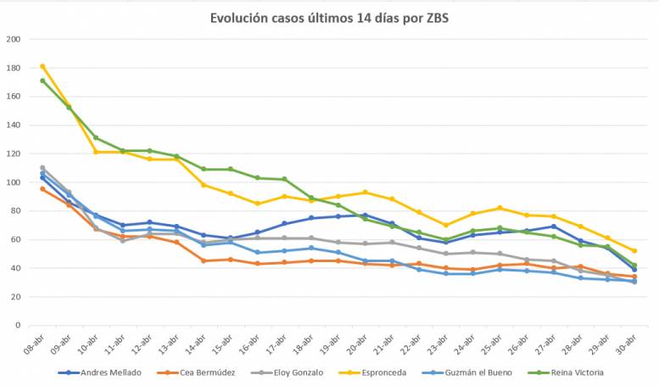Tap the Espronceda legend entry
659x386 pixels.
click(x=386, y=372)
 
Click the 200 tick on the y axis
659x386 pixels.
click(x=14, y=39)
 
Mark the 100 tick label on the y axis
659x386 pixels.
click(x=14, y=182)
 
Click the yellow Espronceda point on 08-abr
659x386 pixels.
click(x=42, y=66)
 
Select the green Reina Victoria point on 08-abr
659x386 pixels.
click(x=42, y=81)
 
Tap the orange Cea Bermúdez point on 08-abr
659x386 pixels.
click(x=42, y=189)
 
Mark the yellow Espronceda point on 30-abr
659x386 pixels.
click(x=634, y=250)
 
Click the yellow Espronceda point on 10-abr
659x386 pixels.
click(x=96, y=152)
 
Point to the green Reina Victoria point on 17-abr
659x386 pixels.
click(x=284, y=179)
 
